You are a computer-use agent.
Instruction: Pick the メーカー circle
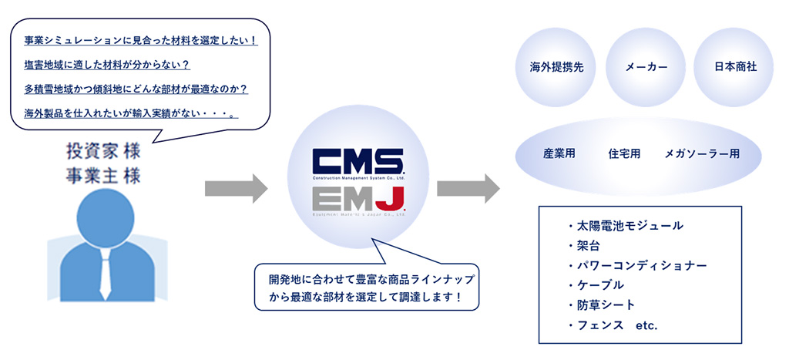point(646,67)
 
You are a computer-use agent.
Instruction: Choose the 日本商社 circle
point(735,67)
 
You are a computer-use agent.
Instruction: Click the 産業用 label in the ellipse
point(559,153)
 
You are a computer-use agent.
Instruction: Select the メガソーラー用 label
point(702,153)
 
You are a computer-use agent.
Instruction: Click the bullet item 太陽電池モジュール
point(624,226)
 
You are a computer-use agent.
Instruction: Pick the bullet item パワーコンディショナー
point(636,266)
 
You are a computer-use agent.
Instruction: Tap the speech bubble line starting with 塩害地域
point(107,64)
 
